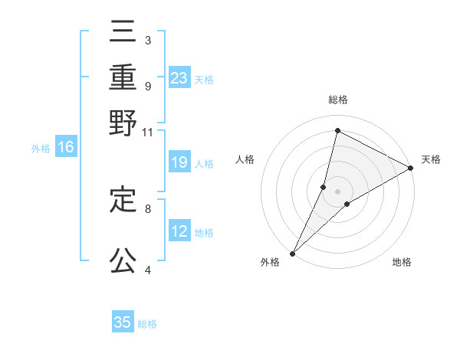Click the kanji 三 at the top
click(x=123, y=34)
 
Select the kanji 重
click(x=123, y=78)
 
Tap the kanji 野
click(x=123, y=123)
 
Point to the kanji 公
click(x=123, y=260)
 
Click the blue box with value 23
click(x=179, y=78)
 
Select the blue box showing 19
click(x=179, y=162)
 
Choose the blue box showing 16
click(x=66, y=148)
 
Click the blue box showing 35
click(x=123, y=322)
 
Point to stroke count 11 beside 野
click(x=147, y=132)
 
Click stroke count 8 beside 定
click(x=147, y=208)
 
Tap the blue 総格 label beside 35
click(x=147, y=323)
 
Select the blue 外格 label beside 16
click(x=41, y=149)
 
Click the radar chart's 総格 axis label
click(x=337, y=100)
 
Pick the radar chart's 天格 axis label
click(x=431, y=159)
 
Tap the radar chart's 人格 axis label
click(x=245, y=159)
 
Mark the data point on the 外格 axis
click(x=292, y=253)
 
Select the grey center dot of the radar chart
click(x=337, y=191)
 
